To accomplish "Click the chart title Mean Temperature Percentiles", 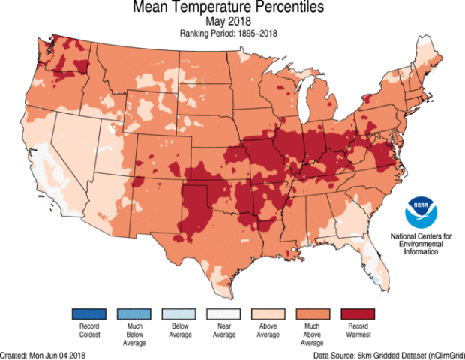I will pyautogui.click(x=232, y=9).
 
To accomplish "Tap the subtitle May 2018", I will pyautogui.click(x=232, y=22).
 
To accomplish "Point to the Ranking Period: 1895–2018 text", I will pyautogui.click(x=232, y=34).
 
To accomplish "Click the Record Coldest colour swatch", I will pyautogui.click(x=88, y=313).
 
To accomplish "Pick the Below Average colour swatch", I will pyautogui.click(x=179, y=313).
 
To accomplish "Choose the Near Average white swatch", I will pyautogui.click(x=224, y=313).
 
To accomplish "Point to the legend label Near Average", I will pyautogui.click(x=224, y=331).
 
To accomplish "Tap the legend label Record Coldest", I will pyautogui.click(x=88, y=331).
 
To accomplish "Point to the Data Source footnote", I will pyautogui.click(x=386, y=353).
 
